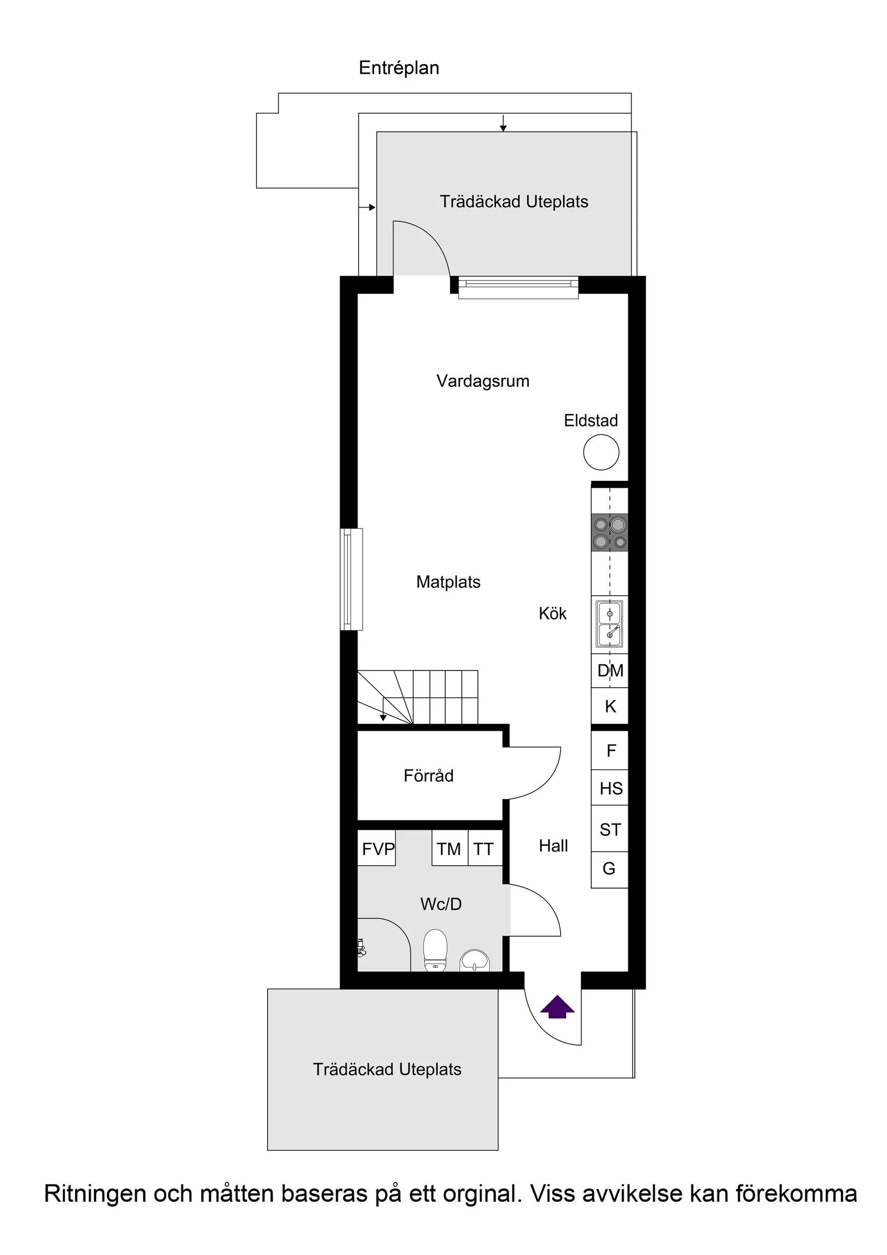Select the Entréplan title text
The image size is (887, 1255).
point(398,68)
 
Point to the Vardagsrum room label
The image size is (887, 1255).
point(483,381)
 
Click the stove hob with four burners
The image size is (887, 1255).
point(610,532)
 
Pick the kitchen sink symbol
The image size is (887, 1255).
point(610,624)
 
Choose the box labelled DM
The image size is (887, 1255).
point(610,671)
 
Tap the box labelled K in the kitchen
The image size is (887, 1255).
point(610,706)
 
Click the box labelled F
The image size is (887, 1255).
point(610,751)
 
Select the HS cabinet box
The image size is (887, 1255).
point(610,788)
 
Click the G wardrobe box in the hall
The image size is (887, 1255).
point(609,868)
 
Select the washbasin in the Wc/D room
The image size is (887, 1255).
point(474,960)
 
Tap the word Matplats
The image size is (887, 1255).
point(448,582)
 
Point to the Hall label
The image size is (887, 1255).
point(553,846)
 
